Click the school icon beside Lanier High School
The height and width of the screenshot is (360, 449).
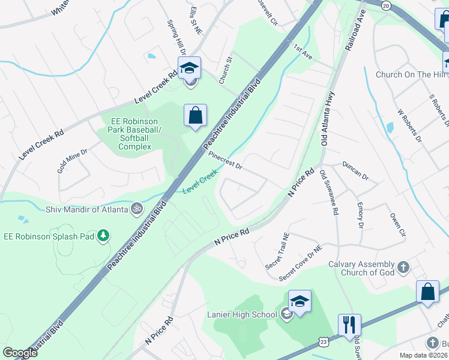300,302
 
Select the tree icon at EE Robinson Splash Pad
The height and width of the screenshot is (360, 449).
104,236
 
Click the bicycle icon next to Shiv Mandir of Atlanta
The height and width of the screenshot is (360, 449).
137,209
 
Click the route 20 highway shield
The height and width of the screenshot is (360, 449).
385,5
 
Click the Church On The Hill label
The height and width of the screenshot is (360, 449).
411,74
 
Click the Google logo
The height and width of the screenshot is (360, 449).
20,352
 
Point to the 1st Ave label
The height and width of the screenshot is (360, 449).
303,50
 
